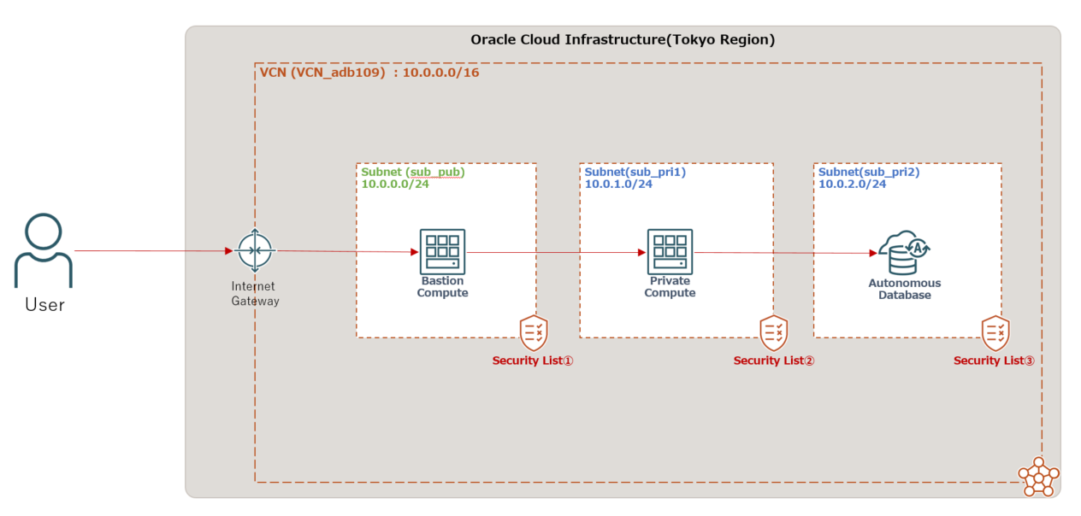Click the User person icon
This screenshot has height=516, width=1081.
[x=44, y=250]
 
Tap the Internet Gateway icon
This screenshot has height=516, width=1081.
[x=255, y=251]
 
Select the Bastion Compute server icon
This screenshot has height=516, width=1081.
[x=442, y=251]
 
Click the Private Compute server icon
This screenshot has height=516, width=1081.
[x=670, y=251]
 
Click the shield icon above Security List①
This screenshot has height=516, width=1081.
[x=534, y=332]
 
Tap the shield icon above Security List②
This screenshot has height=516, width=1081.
[x=774, y=332]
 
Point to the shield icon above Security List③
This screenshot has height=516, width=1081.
[x=995, y=332]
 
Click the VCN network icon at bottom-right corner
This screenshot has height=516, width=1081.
[x=1038, y=476]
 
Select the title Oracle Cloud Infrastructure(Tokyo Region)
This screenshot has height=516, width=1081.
[x=623, y=40]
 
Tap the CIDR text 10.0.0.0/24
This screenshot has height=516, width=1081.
[x=395, y=184]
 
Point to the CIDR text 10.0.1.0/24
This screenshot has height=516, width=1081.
[x=618, y=184]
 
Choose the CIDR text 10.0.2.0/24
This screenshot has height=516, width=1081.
[x=853, y=184]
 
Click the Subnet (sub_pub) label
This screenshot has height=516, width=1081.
[x=412, y=172]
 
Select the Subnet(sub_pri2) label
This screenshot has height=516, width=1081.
[x=869, y=172]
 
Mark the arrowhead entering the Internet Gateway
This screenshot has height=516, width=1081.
[x=228, y=251]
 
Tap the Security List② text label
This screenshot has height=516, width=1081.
[x=774, y=361]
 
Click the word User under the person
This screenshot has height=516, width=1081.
[x=44, y=304]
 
